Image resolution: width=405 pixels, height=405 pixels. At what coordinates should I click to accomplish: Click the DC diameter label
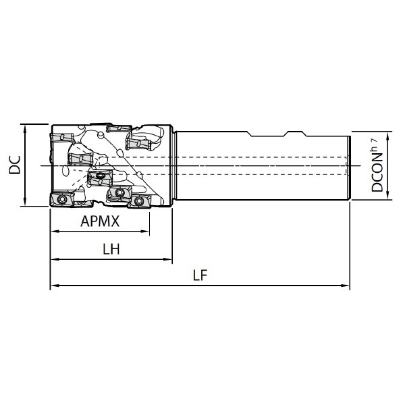14,165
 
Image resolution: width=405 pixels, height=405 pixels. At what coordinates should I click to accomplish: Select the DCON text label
377,173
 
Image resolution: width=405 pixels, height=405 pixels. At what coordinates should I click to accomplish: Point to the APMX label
100,221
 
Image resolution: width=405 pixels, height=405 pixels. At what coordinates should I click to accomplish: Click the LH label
111,249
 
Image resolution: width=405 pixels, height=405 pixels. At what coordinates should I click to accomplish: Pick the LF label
200,275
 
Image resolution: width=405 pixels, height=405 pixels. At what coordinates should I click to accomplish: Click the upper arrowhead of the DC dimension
25,129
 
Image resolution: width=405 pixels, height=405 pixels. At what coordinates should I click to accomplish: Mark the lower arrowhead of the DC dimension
25,202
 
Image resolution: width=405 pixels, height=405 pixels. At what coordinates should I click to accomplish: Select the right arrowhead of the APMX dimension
145,232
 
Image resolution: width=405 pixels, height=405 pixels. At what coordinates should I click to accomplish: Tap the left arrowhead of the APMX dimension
55,232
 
